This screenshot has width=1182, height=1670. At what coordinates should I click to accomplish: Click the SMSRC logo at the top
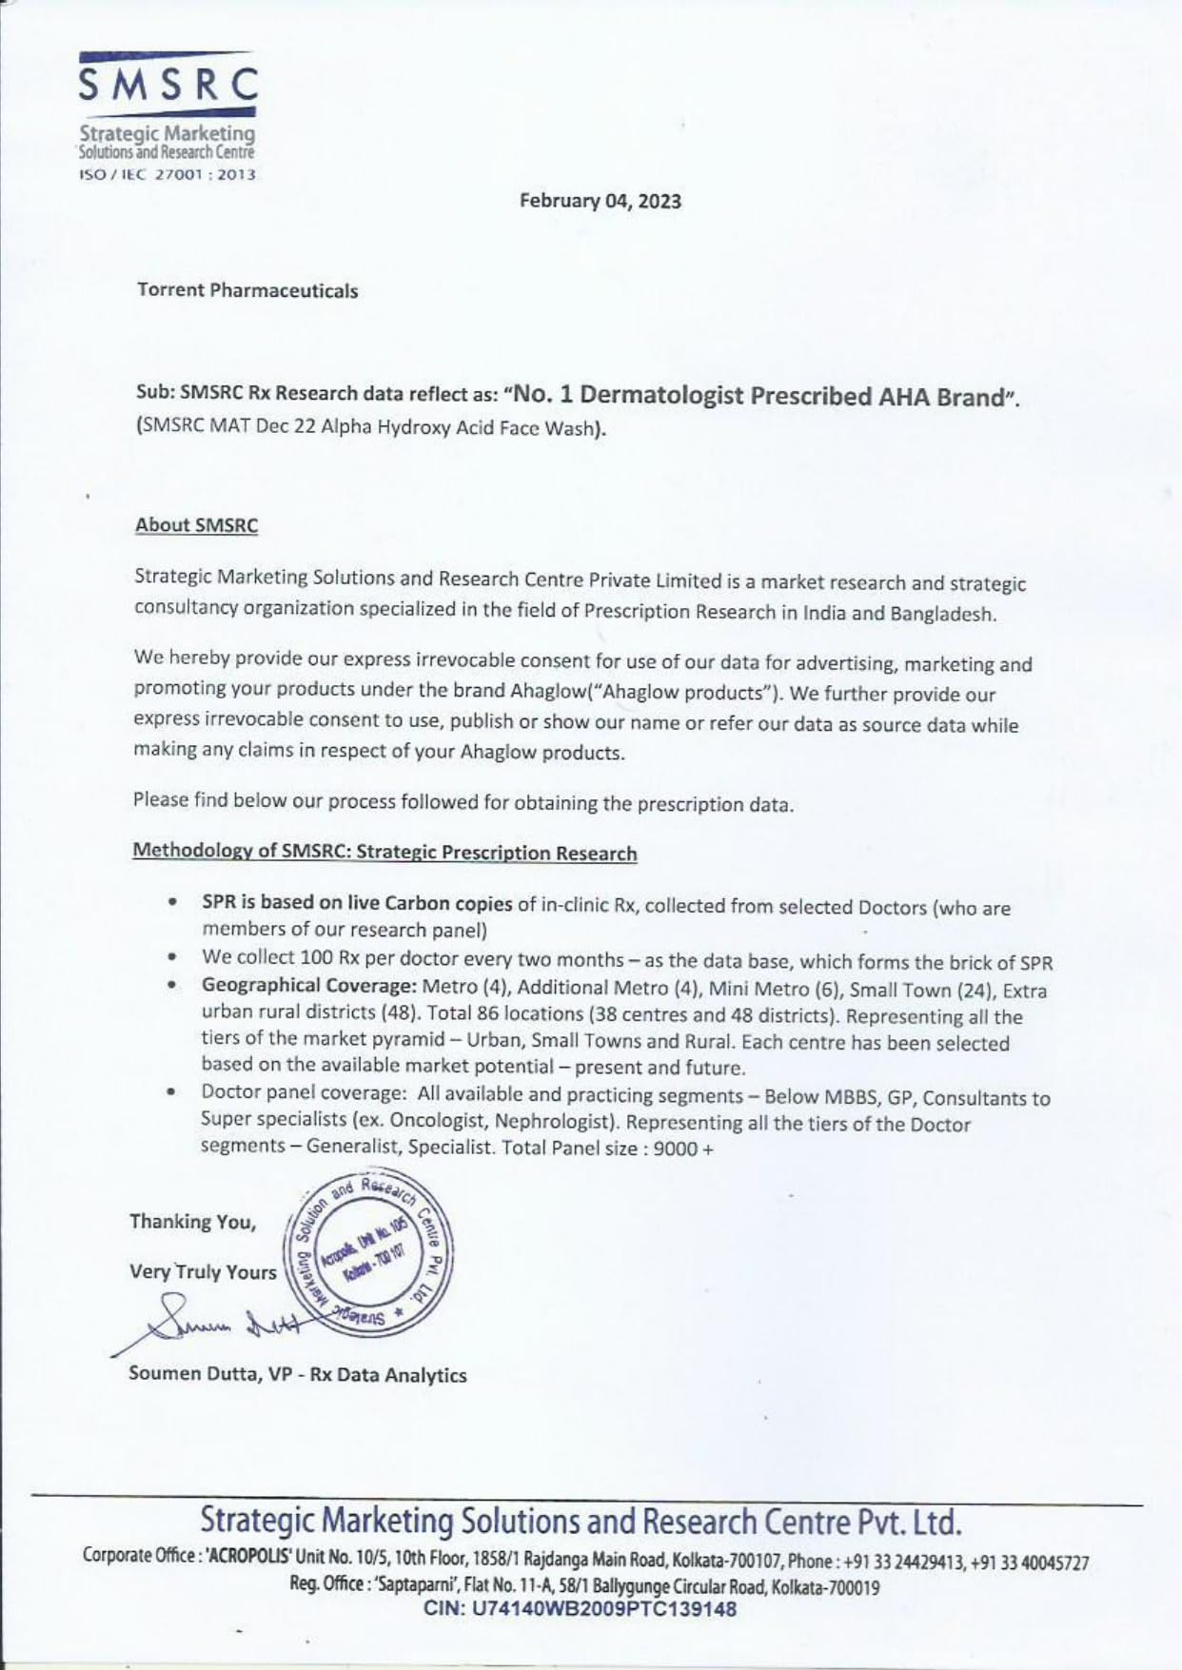(167, 87)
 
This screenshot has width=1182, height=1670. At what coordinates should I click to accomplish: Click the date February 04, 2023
(600, 202)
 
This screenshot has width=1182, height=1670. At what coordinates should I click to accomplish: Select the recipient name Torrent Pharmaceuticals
(247, 291)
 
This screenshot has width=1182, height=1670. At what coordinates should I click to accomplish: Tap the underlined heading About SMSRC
(196, 525)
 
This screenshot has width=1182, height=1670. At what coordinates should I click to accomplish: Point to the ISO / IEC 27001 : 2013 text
(167, 175)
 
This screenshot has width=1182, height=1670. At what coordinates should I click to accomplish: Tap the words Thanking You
(193, 1222)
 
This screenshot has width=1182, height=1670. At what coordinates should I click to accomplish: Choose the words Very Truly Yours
(203, 1272)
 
